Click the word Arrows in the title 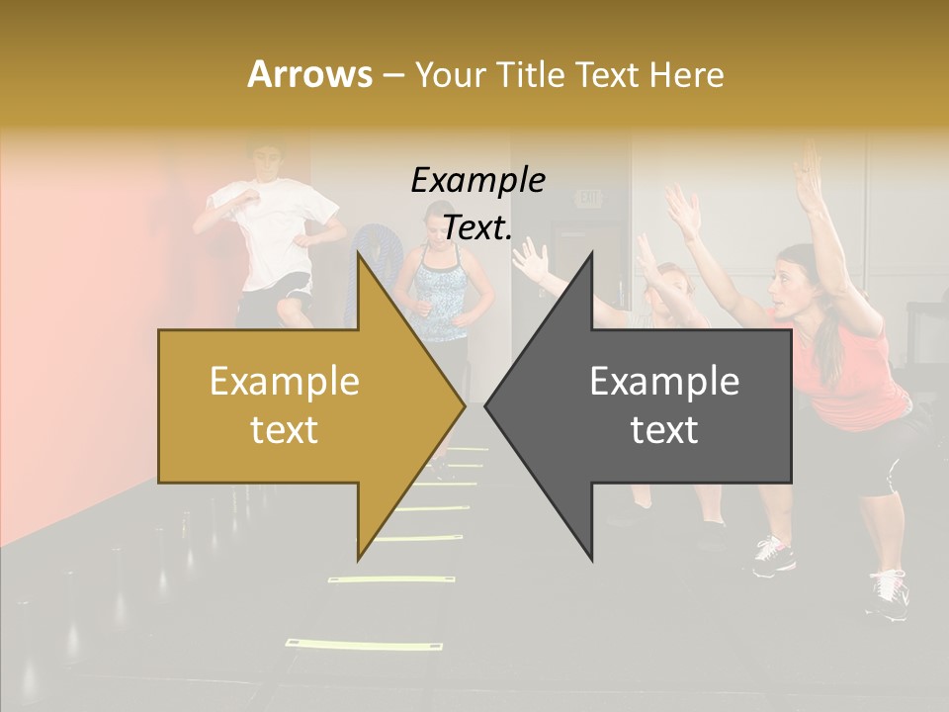coord(309,74)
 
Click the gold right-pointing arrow coord(297,405)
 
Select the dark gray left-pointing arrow coord(652,405)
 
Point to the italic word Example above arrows coord(477,180)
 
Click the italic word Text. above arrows coord(477,227)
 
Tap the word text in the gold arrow coord(284,430)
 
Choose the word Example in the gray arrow coord(664,382)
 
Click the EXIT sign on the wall coord(589,199)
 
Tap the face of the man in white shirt coord(262,163)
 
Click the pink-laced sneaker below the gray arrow coord(773,556)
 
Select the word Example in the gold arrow coord(284,382)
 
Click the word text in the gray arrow coord(664,430)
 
